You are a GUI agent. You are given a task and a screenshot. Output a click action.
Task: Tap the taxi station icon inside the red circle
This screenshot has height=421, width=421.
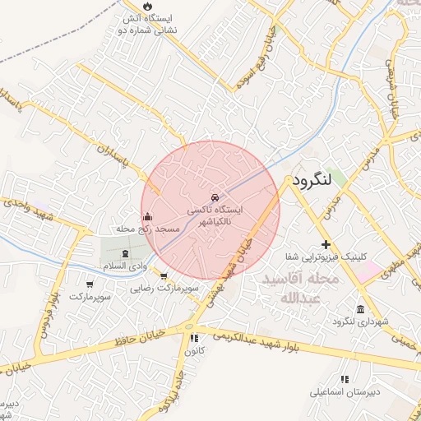tap(215, 198)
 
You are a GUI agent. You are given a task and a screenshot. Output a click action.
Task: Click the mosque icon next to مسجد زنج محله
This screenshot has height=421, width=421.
tap(147, 217)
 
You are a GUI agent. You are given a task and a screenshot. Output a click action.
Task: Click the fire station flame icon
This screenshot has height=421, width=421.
tap(147, 7)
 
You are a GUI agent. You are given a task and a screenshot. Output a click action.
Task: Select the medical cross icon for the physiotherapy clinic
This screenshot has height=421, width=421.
tap(326, 244)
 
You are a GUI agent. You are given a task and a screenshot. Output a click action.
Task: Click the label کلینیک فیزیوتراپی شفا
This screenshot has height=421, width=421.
tap(327, 256)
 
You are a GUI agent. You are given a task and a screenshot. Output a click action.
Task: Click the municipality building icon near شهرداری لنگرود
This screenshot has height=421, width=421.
tap(361, 308)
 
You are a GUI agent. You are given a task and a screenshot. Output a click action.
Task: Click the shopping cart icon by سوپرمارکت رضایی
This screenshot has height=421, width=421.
tap(164, 277)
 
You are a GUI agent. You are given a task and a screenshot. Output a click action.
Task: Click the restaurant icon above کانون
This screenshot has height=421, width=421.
tap(194, 338)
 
